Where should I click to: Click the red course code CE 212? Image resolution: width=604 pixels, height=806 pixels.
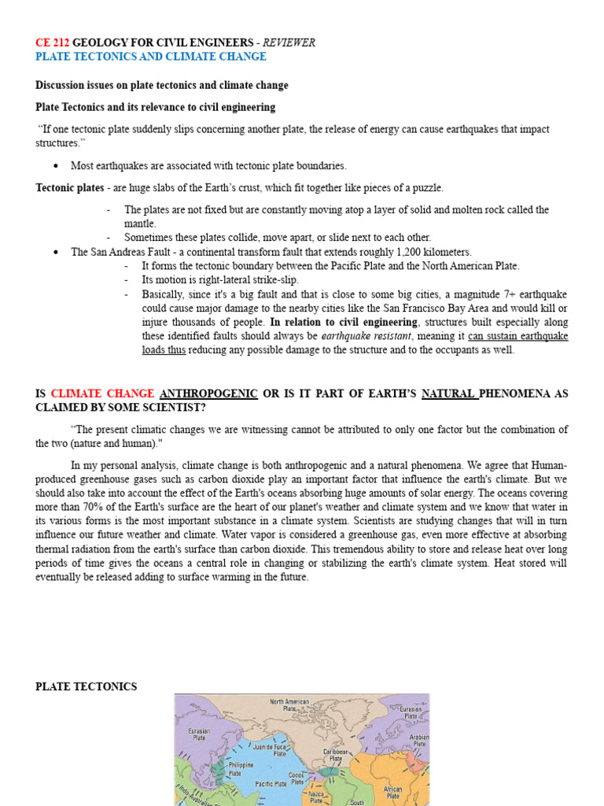pos(53,43)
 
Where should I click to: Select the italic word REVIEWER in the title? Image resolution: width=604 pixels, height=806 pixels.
pos(289,43)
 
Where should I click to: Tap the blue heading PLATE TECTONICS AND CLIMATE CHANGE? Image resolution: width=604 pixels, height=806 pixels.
pos(151,57)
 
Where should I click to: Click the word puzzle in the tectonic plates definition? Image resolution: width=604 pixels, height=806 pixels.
pos(426,188)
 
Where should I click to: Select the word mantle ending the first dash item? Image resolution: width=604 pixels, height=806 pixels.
pos(140,224)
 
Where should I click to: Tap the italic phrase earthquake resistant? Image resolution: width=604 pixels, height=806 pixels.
pos(366,336)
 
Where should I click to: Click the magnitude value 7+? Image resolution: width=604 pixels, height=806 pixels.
pos(488,294)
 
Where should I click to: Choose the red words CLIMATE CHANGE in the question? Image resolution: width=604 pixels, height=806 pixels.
pos(102,394)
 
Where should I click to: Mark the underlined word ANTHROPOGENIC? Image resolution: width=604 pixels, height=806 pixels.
pos(208,394)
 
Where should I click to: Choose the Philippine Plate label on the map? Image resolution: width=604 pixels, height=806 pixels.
pos(240,768)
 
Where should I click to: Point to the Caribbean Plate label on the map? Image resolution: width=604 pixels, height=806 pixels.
pos(337,755)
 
